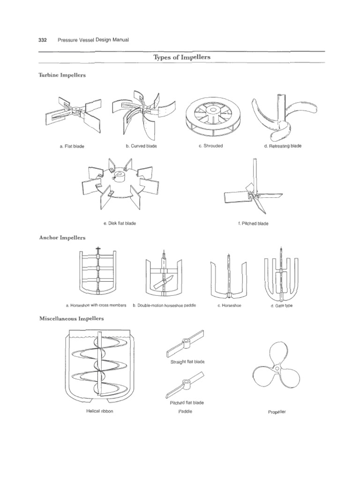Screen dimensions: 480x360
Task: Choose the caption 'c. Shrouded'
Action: coord(210,146)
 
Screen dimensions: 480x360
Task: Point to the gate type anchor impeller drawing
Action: coord(281,277)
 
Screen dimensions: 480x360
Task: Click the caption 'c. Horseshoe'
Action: coord(229,306)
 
